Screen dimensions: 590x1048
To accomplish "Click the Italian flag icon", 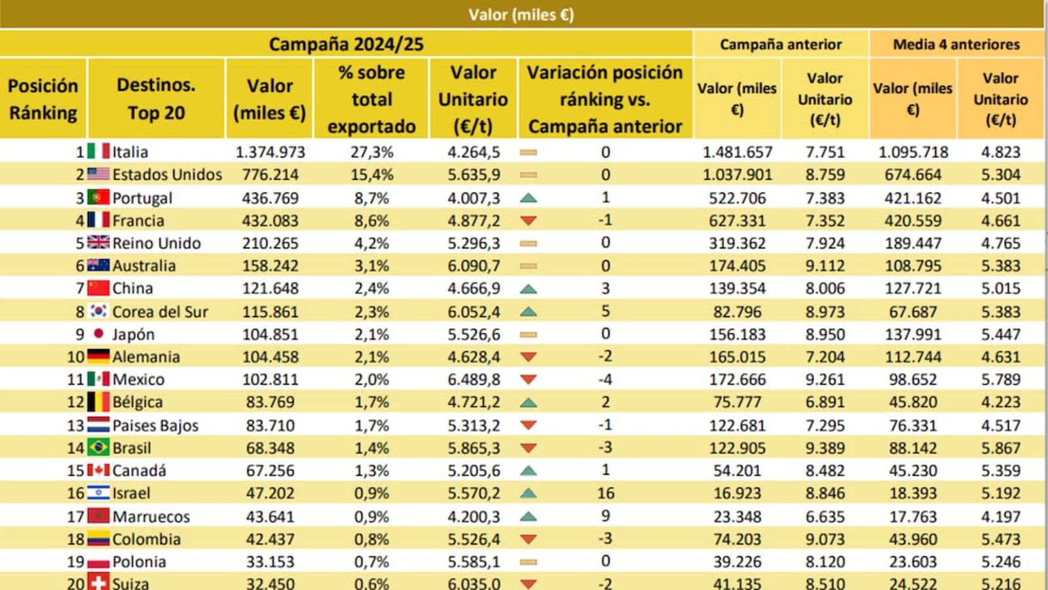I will click(98, 151).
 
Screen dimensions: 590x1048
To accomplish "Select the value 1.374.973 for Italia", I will click(270, 152).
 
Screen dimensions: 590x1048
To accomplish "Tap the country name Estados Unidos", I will click(167, 175).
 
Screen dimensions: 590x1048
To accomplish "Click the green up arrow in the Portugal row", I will click(528, 198).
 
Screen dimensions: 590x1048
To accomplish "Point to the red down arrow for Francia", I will click(528, 221).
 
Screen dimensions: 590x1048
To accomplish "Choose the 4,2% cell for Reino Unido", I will click(371, 243).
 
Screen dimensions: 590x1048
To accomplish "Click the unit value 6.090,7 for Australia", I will click(474, 266).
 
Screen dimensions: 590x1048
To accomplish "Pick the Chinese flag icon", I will click(98, 288).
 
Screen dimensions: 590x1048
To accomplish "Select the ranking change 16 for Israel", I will click(605, 493).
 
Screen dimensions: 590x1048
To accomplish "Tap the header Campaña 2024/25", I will click(346, 44).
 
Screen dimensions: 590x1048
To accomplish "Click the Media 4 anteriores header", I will click(956, 44).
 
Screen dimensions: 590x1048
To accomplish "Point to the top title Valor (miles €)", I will click(521, 14).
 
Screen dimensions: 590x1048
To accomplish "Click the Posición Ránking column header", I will click(43, 99).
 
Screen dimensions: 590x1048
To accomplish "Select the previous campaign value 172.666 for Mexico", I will click(737, 380).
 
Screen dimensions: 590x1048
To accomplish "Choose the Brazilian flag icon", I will click(98, 448).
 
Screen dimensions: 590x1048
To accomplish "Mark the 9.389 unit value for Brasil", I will click(825, 448).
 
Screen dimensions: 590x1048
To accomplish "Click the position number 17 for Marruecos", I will click(75, 517).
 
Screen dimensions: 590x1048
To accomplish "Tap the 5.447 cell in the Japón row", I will click(1000, 334).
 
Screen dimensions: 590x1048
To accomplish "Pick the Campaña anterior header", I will click(781, 44).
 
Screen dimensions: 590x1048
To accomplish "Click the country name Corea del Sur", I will click(160, 312).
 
